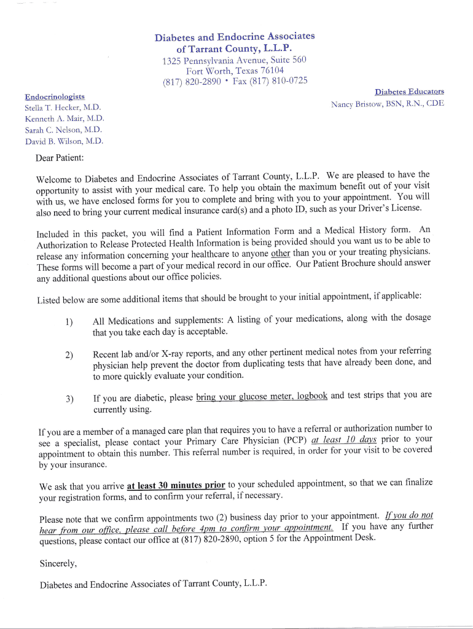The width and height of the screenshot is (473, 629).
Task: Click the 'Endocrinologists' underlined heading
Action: [x=55, y=96]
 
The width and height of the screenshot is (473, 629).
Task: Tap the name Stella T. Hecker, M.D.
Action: [x=63, y=107]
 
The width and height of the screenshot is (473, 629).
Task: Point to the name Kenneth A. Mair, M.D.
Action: [x=64, y=119]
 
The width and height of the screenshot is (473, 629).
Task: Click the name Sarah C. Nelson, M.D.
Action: [x=63, y=130]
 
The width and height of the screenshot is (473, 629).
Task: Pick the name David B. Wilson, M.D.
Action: [x=64, y=141]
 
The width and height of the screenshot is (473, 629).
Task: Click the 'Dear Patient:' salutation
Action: [x=60, y=158]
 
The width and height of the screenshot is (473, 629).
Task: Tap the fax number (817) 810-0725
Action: [x=270, y=81]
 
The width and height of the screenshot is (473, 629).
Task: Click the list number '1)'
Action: [x=69, y=322]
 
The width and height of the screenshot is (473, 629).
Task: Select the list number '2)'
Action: [x=69, y=354]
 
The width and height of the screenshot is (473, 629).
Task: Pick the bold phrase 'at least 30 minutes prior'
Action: [x=176, y=485]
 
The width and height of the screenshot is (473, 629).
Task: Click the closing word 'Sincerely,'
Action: [x=58, y=563]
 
